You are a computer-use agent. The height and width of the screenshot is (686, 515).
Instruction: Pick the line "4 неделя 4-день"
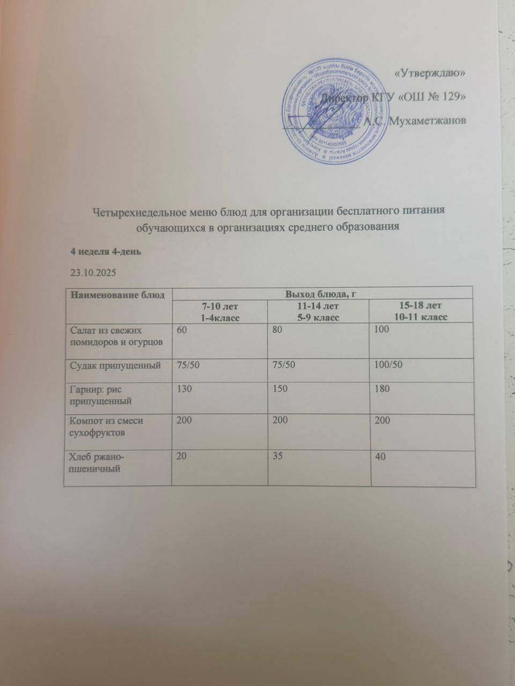[105, 252]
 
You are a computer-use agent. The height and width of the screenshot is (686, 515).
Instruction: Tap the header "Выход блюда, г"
[322, 293]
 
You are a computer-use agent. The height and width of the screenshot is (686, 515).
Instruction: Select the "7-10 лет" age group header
[219, 306]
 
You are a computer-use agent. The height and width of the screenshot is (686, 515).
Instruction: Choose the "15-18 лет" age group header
[421, 306]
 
